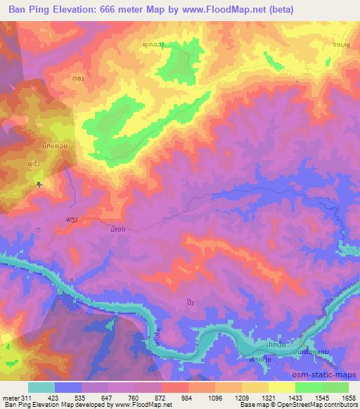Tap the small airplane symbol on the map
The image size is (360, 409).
click(x=39, y=184)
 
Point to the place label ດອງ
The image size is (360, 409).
click(x=78, y=79)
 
